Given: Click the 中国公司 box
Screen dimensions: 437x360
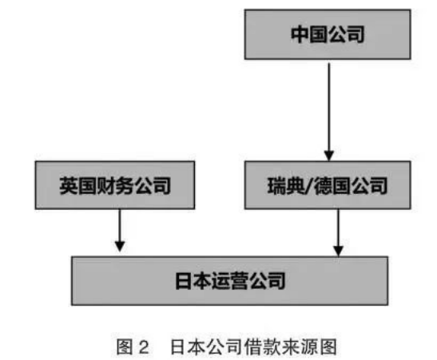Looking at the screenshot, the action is pyautogui.click(x=328, y=34).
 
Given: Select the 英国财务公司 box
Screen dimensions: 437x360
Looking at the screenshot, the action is pyautogui.click(x=115, y=185).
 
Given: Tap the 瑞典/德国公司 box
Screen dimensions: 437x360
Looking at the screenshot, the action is pyautogui.click(x=328, y=185).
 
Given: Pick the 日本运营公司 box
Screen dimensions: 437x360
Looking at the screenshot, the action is pyautogui.click(x=229, y=281).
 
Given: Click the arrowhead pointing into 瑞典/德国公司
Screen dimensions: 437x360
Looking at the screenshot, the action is pyautogui.click(x=329, y=155).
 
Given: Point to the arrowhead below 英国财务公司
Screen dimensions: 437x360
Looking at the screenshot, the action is pyautogui.click(x=120, y=246).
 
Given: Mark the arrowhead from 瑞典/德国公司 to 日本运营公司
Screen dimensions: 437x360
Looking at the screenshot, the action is pyautogui.click(x=339, y=251).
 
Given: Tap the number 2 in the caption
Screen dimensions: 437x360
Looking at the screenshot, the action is pyautogui.click(x=144, y=347).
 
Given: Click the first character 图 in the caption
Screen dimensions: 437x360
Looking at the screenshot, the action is pyautogui.click(x=125, y=347).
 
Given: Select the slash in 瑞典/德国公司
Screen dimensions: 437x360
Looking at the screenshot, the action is pyautogui.click(x=309, y=186).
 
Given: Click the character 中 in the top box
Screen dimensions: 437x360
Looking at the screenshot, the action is pyautogui.click(x=300, y=34).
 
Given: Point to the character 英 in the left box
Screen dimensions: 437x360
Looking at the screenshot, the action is pyautogui.click(x=68, y=185).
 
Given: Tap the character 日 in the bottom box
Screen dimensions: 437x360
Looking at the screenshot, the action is pyautogui.click(x=184, y=281).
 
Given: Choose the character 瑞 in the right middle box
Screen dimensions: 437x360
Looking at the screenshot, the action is pyautogui.click(x=276, y=186).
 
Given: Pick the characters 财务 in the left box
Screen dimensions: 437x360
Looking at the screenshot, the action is pyautogui.click(x=114, y=185).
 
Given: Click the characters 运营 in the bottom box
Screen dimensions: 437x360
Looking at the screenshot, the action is pyautogui.click(x=229, y=281).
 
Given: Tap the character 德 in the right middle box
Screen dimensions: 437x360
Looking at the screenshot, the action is pyautogui.click(x=323, y=186).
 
